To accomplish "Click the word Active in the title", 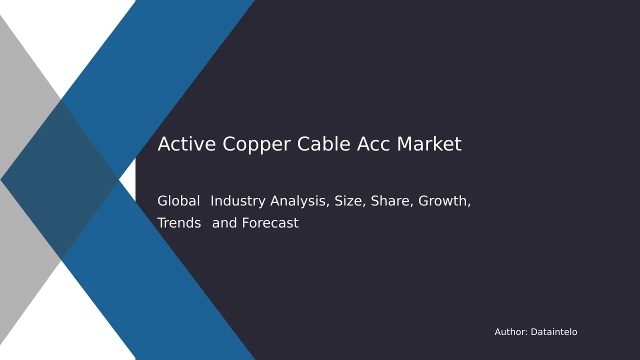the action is (x=186, y=143).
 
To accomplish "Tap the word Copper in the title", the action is (x=256, y=145).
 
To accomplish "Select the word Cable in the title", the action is (x=323, y=143).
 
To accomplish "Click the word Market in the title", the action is (x=429, y=143).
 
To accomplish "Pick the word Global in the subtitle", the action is (x=178, y=200).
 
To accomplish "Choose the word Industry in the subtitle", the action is (x=238, y=201).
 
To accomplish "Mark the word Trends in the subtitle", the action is (x=179, y=223).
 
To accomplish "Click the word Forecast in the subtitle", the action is (x=270, y=223).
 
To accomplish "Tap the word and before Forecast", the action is (x=224, y=223).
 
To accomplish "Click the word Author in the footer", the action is (x=510, y=332).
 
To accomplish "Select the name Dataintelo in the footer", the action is (x=554, y=332).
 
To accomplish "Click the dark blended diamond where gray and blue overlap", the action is (x=59, y=179).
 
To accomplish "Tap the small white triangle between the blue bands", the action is (x=127, y=179).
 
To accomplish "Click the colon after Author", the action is (x=526, y=333).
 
